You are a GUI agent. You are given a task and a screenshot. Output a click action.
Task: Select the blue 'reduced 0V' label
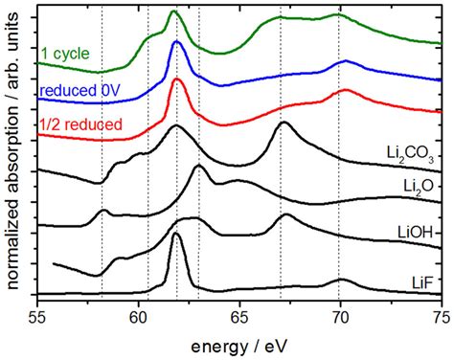click(x=79, y=91)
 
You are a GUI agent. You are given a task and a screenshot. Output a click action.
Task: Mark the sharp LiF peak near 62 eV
click(x=176, y=235)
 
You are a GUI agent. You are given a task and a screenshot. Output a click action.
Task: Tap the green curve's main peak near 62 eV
click(x=174, y=12)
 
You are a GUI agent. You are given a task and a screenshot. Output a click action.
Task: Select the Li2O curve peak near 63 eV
click(x=198, y=168)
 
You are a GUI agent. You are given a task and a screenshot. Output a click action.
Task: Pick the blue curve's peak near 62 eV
click(x=176, y=43)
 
